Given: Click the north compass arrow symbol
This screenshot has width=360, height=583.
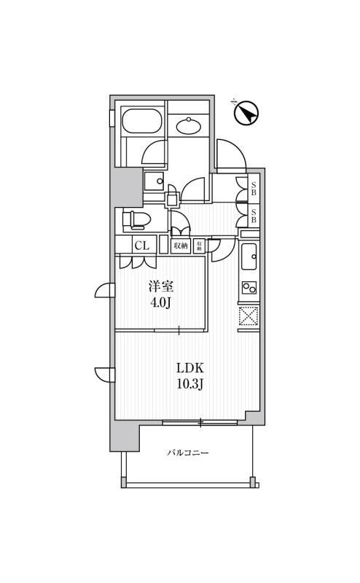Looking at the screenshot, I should (247, 113).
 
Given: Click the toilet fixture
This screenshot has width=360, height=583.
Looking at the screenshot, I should (136, 219).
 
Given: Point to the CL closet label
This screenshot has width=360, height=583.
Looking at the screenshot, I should (141, 246).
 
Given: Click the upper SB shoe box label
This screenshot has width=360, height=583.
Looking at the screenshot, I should (253, 189).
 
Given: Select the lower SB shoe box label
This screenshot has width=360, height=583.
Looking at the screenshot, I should (253, 216).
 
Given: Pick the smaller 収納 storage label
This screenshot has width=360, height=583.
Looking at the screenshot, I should (198, 246).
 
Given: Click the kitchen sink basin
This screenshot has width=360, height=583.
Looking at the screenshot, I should (249, 256).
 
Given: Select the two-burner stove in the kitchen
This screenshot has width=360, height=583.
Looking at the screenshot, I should (249, 287).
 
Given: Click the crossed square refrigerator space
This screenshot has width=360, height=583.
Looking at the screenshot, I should (249, 316).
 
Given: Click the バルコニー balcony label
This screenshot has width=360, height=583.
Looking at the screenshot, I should (188, 453).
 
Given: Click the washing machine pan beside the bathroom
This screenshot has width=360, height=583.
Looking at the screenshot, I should (154, 181).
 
